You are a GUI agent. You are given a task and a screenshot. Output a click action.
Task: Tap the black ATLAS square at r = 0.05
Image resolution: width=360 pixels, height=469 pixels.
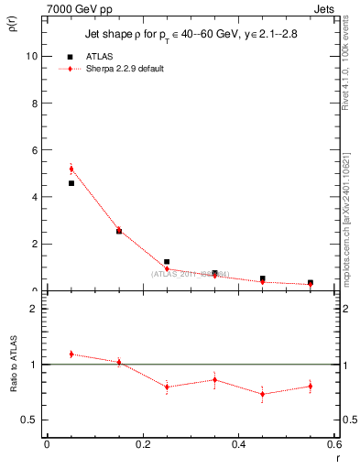(x=71, y=183)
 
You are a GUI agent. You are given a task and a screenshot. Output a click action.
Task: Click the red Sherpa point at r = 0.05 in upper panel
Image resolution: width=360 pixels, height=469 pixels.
(x=71, y=169)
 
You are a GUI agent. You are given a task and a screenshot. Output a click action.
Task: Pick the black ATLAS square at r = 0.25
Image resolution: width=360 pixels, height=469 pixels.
(x=167, y=262)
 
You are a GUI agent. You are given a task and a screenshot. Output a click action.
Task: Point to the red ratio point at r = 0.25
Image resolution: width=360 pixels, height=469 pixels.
(x=167, y=387)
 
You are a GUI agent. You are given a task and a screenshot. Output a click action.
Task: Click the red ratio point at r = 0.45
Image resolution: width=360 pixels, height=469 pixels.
(x=263, y=394)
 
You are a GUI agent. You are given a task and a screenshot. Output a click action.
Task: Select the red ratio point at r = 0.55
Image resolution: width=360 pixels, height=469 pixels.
(x=311, y=386)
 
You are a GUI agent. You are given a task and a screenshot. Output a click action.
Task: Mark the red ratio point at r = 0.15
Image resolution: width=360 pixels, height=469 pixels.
(x=119, y=362)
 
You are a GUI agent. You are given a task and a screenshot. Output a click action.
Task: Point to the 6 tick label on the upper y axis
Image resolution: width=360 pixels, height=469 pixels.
(x=34, y=150)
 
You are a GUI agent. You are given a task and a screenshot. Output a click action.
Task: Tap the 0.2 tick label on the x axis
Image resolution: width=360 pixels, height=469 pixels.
(x=142, y=444)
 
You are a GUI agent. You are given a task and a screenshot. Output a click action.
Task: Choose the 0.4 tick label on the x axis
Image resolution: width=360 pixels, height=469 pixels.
(x=238, y=444)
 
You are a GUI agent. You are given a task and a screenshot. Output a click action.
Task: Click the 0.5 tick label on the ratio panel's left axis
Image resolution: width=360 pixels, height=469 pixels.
(x=29, y=420)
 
